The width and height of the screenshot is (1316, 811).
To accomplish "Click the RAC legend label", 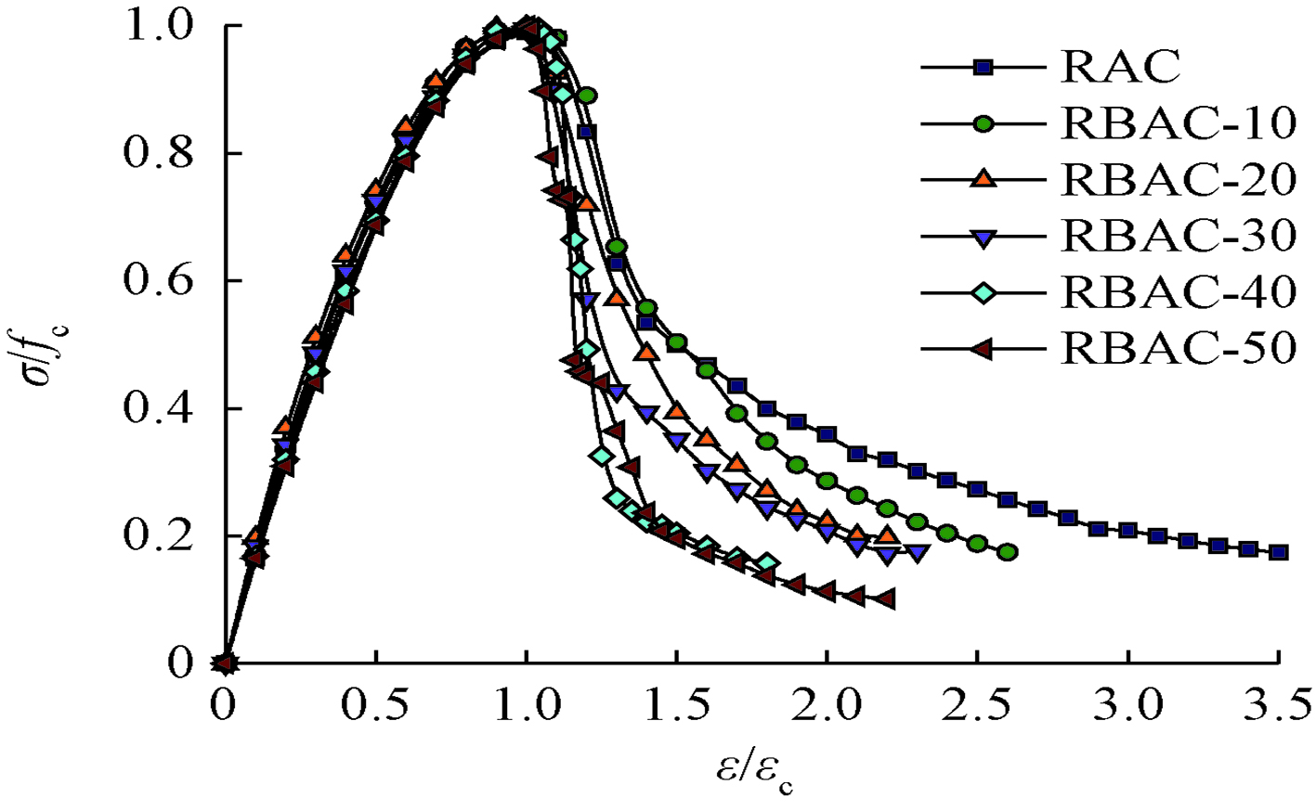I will pos(1120,67).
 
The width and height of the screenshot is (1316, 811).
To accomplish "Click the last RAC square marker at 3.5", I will pos(1279,552).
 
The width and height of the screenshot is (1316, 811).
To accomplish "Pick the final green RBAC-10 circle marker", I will pos(1008,552).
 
